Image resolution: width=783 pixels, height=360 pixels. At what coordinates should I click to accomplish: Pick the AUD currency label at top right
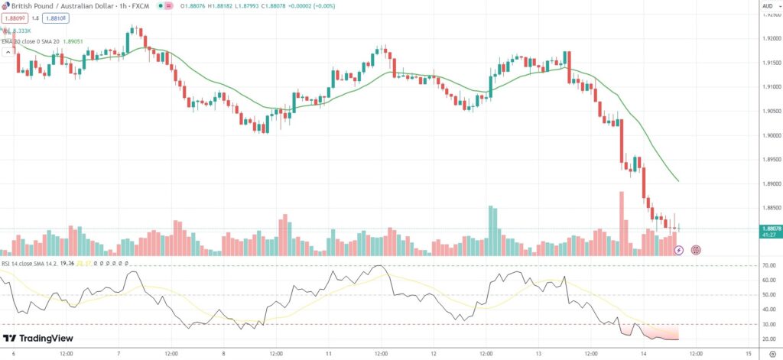point(767,5)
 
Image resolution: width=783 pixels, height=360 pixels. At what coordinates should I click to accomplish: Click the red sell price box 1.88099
point(15,18)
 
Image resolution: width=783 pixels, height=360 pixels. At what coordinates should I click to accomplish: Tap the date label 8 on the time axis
point(224,354)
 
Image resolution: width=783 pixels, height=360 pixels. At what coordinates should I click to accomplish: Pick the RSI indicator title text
point(34,264)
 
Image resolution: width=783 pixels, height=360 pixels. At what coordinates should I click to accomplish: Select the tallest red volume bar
point(622,223)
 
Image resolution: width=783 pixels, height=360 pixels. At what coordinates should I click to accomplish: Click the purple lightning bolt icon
point(679,250)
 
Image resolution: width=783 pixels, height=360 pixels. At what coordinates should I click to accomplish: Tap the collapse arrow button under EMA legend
point(8,53)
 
